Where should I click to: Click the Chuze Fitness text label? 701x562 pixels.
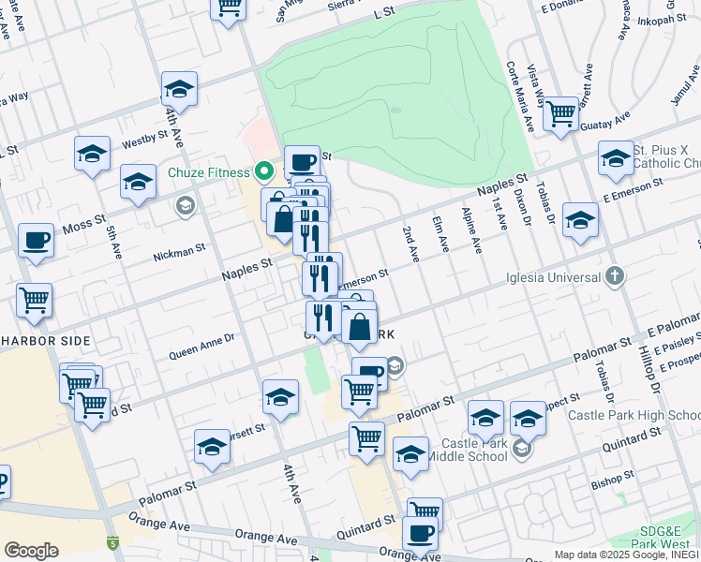(x=209, y=172)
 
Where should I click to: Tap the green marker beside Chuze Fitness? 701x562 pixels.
(x=264, y=171)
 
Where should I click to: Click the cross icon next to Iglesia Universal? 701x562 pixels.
(x=614, y=275)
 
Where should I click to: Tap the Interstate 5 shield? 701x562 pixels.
(x=113, y=541)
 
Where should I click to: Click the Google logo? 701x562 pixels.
(x=31, y=551)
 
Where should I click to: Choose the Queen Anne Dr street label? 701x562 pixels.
(x=201, y=349)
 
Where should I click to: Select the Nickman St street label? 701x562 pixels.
(x=180, y=251)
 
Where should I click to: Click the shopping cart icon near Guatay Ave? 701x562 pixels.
(x=560, y=115)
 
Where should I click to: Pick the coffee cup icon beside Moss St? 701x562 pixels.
(x=36, y=242)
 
